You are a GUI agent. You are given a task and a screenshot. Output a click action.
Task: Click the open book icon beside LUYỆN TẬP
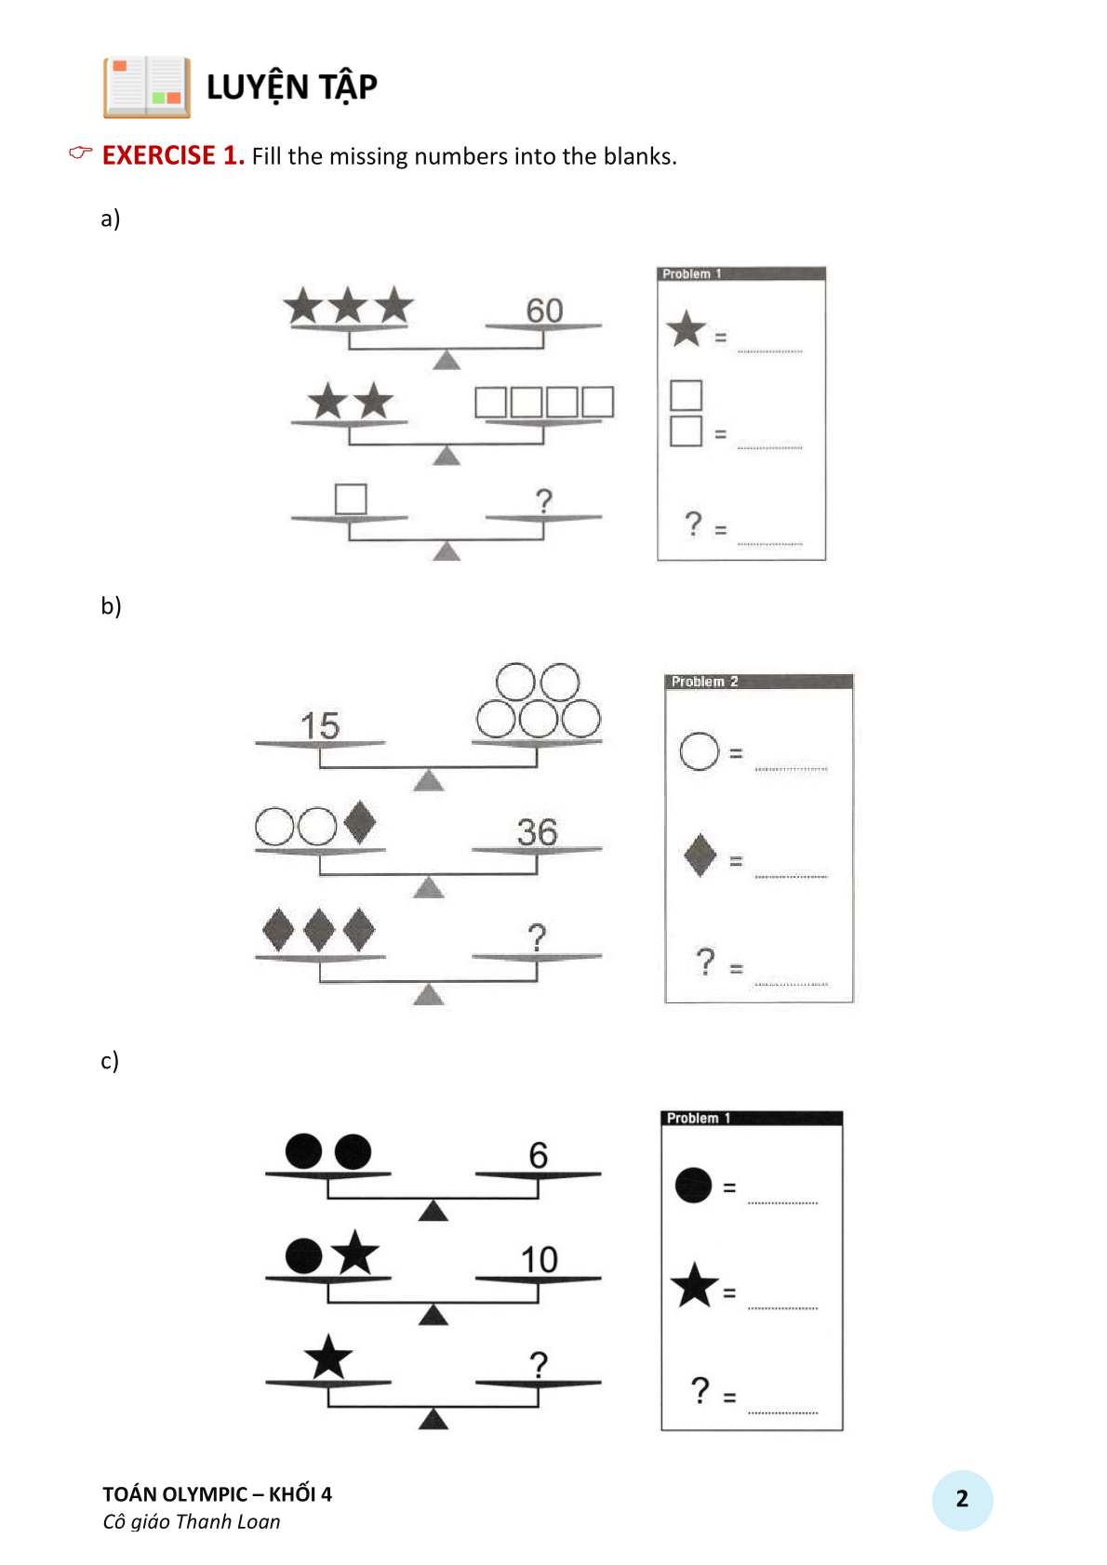click(147, 87)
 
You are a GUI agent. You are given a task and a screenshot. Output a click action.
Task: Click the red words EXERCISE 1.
click(173, 156)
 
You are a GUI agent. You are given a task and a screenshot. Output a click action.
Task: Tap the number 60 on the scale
click(544, 311)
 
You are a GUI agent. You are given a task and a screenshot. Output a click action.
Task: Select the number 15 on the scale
click(320, 725)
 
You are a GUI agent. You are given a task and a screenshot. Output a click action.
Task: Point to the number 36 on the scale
click(537, 832)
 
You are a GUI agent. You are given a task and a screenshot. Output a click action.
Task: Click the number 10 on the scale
click(539, 1260)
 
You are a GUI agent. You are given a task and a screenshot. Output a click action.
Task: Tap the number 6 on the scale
click(538, 1155)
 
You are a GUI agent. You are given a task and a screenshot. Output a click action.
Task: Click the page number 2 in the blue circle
click(962, 1499)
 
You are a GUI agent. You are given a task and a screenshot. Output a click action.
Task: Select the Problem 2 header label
click(704, 682)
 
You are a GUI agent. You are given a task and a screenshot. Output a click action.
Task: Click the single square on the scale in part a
click(351, 498)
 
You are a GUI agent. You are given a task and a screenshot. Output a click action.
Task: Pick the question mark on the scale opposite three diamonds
click(537, 937)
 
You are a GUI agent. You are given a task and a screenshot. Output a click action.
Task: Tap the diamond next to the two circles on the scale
click(360, 822)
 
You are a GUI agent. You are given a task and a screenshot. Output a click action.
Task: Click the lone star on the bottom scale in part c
click(327, 1357)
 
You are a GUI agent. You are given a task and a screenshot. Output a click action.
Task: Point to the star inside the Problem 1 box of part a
click(687, 328)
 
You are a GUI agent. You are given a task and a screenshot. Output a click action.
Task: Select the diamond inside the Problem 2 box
click(700, 855)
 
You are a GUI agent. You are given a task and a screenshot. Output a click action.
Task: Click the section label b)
click(111, 605)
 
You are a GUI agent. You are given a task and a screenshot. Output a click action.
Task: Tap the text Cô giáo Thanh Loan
click(192, 1521)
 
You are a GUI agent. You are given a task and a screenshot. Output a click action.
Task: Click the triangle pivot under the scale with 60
click(447, 360)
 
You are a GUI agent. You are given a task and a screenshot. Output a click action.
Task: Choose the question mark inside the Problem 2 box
click(706, 962)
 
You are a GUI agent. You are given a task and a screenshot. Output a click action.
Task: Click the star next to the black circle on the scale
click(355, 1252)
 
